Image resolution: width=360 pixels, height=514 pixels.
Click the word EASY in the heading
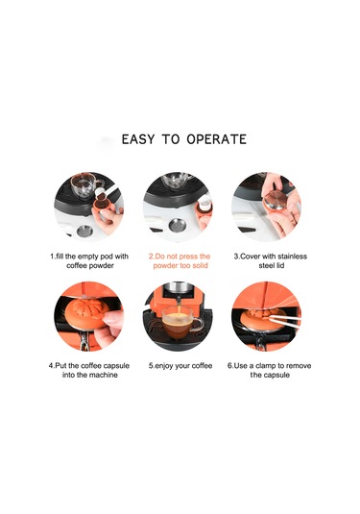point(137,139)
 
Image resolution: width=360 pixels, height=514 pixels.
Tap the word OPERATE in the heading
point(217,139)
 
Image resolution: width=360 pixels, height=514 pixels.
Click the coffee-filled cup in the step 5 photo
point(180,323)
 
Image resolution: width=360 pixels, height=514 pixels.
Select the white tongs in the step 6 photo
point(283,319)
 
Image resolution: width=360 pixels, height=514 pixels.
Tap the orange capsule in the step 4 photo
point(86,311)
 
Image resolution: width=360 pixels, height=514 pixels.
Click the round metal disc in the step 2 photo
point(178,225)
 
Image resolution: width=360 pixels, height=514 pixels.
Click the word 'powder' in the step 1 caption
point(101,266)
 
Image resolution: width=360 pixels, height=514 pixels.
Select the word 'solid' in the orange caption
point(200,265)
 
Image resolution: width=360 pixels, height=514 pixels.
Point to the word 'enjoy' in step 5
point(164,366)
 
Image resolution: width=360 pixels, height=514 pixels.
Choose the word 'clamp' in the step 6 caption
point(265,365)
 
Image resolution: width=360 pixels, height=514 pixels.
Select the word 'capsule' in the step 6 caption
point(277,375)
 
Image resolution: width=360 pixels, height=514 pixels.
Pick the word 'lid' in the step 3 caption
point(280,265)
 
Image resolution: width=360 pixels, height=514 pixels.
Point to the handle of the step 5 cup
point(198,323)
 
